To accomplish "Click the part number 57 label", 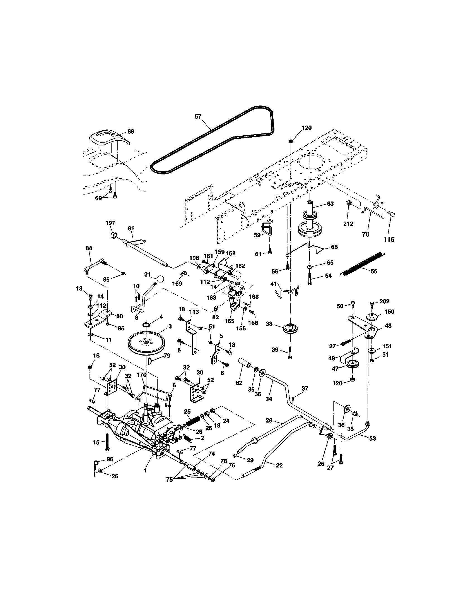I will pos(198,116).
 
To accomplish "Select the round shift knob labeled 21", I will pos(160,279).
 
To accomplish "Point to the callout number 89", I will pos(131,131).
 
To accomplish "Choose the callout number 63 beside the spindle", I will pos(330,203).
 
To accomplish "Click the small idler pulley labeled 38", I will pos(290,328).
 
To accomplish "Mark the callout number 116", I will pos(389,239).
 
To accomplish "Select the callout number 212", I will pos(348,224).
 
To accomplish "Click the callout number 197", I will pos(110,223).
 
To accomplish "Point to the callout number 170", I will pos(142,375).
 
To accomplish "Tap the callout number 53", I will pos(372,438).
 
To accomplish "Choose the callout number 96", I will pos(110,459).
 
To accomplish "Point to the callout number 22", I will pos(279,465).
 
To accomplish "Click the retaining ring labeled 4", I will pos(146,325).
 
